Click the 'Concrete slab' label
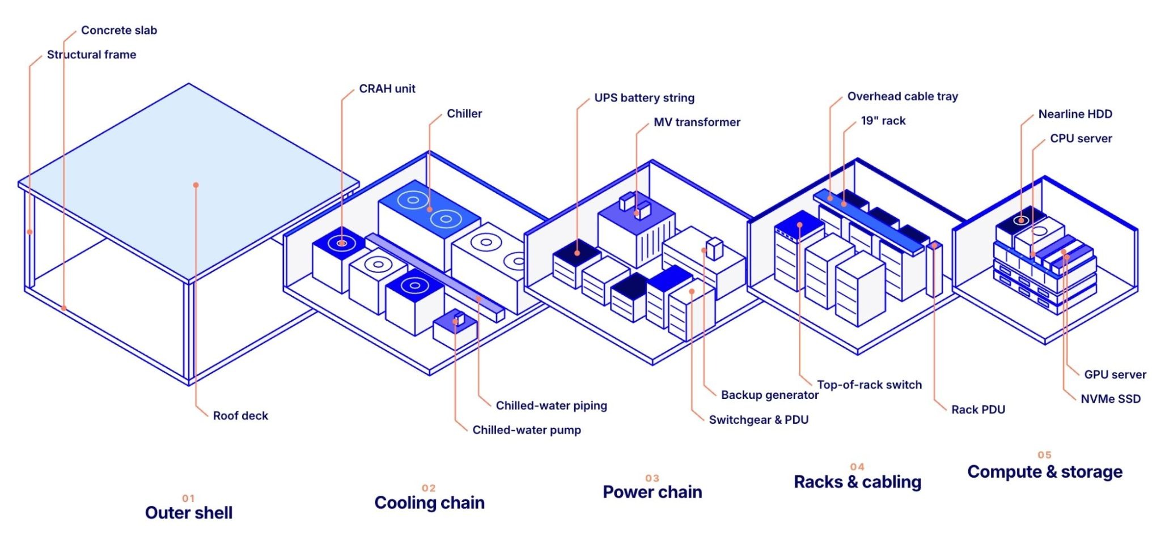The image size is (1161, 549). click(119, 30)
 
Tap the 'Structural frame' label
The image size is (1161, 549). click(91, 54)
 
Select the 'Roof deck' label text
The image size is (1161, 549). click(240, 415)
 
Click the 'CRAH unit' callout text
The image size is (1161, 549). click(387, 88)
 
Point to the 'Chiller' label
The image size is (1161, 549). click(464, 113)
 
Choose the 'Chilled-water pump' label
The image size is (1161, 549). click(527, 430)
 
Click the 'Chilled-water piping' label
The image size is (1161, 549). click(552, 406)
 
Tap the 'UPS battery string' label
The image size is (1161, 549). click(645, 98)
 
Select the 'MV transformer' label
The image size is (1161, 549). click(697, 122)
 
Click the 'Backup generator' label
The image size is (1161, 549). click(770, 395)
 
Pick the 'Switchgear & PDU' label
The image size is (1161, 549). click(759, 420)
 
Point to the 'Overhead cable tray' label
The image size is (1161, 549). click(903, 96)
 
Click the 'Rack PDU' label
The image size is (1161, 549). click(978, 410)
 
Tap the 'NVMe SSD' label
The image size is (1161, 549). click(1111, 399)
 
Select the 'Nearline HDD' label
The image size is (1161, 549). click(1075, 114)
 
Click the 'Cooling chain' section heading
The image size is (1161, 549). click(430, 503)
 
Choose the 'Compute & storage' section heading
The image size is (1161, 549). click(1045, 471)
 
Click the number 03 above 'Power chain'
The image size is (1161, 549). click(652, 478)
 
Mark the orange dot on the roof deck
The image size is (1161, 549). click(196, 185)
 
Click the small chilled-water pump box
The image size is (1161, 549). click(454, 329)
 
